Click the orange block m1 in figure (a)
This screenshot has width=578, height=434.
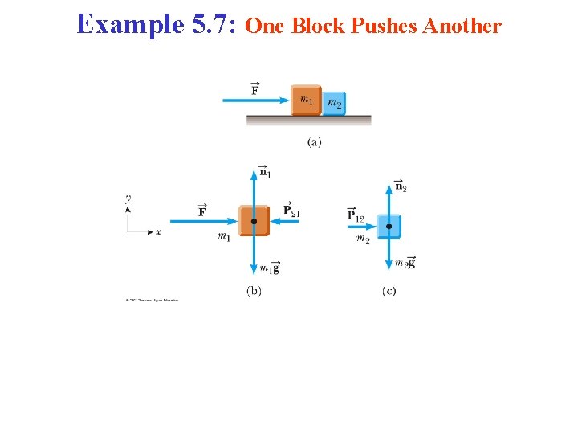[x=306, y=100]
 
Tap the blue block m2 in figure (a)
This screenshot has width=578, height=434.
[x=334, y=103]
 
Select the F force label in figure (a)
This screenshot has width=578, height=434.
[x=254, y=88]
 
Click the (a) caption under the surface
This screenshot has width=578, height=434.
[x=315, y=142]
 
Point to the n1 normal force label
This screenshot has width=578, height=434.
[x=265, y=171]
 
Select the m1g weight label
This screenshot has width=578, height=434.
[x=270, y=268]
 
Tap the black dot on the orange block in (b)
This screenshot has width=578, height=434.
[x=254, y=221]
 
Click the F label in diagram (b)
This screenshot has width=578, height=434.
[x=202, y=211]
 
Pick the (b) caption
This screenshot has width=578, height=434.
[x=254, y=290]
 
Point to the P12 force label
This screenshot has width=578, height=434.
[x=356, y=215]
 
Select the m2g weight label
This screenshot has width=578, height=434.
[x=405, y=262]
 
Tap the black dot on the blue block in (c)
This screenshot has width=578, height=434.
[x=389, y=227]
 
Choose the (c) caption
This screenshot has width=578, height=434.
[x=389, y=290]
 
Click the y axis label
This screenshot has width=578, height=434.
[x=128, y=197]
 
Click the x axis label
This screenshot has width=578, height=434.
[x=158, y=231]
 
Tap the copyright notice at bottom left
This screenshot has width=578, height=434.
[x=152, y=301]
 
